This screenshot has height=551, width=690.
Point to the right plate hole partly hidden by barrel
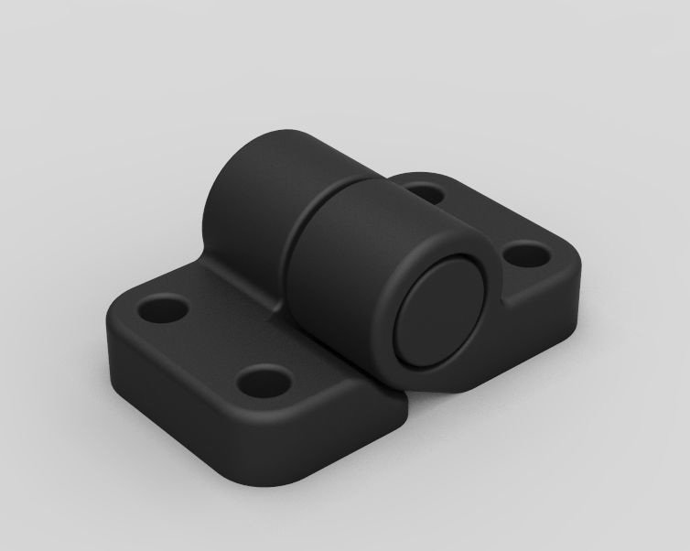(x=423, y=193)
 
